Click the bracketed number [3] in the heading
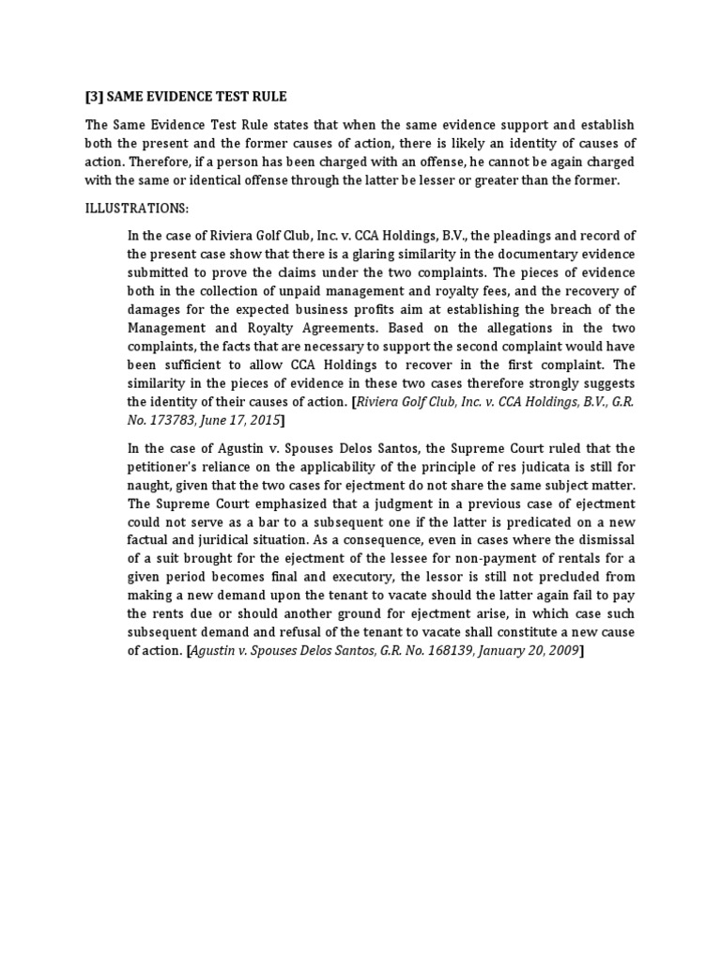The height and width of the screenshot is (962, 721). click(95, 97)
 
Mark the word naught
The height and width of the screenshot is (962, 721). click(152, 486)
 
